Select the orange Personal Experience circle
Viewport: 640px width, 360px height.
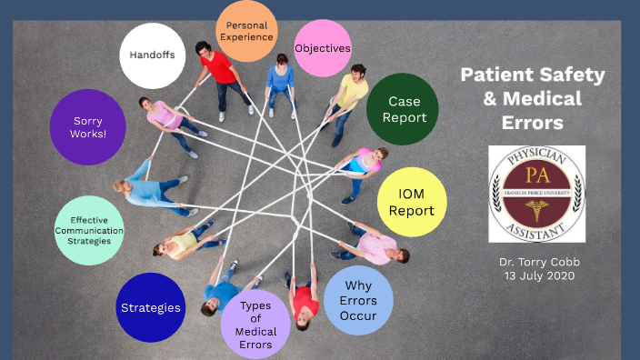click(248, 32)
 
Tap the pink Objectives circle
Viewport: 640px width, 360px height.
click(323, 48)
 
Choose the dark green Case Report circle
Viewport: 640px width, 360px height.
click(403, 110)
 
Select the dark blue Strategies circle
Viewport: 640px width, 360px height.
click(151, 307)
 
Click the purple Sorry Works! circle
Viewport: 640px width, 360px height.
click(87, 126)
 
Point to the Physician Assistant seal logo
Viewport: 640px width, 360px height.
click(536, 194)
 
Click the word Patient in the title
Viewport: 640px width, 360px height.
click(494, 75)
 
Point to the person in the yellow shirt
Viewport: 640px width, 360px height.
click(350, 93)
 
